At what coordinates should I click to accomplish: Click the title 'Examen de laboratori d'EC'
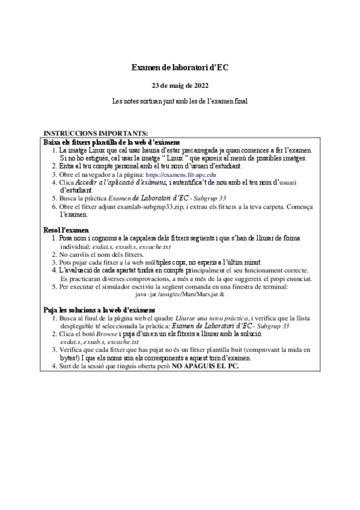(x=180, y=69)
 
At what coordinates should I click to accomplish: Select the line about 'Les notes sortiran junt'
(x=180, y=101)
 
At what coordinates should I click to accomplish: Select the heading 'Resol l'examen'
(x=67, y=230)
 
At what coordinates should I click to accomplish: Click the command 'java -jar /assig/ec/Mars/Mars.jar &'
(x=180, y=295)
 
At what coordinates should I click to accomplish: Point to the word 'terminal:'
(x=273, y=287)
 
